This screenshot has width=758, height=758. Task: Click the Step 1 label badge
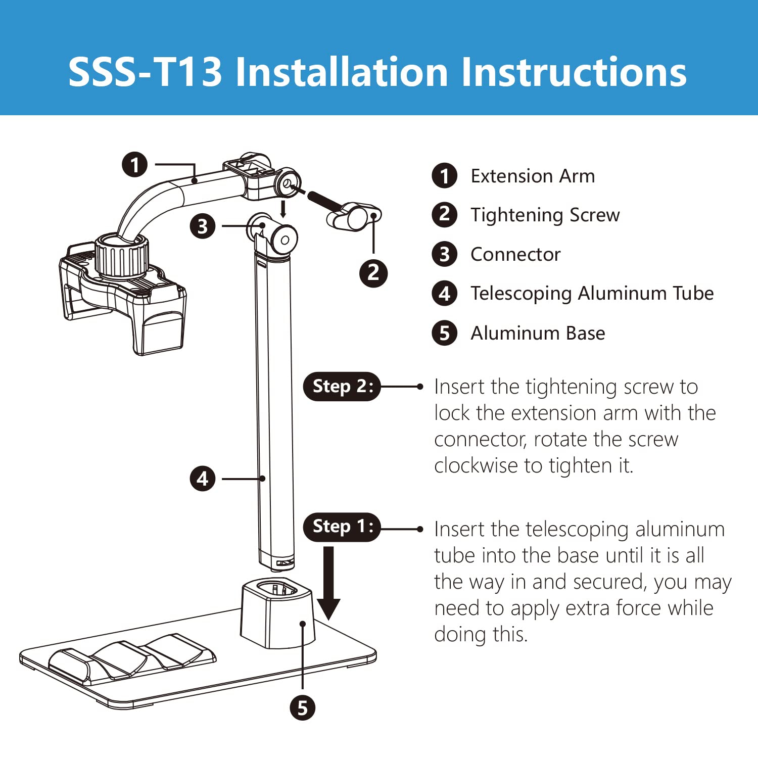[x=342, y=527]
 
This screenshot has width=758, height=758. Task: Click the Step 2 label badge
[x=342, y=387]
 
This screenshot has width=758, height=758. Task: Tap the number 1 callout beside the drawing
[x=134, y=165]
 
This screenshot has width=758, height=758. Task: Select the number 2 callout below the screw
[x=373, y=273]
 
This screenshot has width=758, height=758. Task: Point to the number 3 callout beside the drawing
[x=203, y=226]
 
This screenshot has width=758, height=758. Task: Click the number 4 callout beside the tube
[x=203, y=479]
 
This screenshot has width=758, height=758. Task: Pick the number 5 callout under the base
[x=302, y=708]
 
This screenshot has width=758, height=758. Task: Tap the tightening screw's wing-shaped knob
[x=354, y=216]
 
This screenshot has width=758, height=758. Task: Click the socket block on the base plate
[x=278, y=613]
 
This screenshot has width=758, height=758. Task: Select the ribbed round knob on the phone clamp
[x=122, y=256]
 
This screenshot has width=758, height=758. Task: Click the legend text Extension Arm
[x=533, y=176]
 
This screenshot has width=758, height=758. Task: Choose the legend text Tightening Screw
[x=545, y=215]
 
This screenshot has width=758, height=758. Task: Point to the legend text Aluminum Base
[x=538, y=333]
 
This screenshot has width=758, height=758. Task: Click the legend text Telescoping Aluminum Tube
[x=592, y=294]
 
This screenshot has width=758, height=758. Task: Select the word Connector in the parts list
[x=515, y=254]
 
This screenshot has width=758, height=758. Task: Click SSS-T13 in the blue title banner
[x=146, y=72]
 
